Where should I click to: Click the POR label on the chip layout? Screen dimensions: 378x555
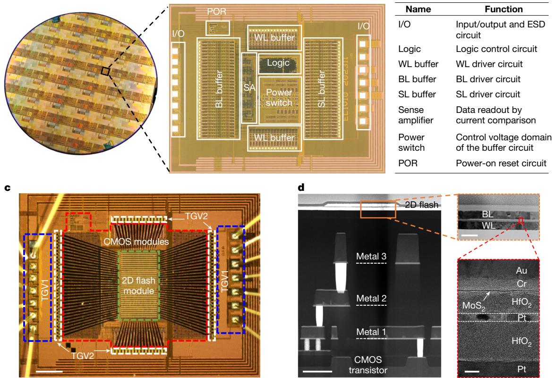tap(217, 11)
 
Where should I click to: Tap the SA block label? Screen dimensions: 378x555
tap(249, 88)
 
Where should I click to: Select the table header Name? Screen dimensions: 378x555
tap(418, 9)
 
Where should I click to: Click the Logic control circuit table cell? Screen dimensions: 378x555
tap(497, 49)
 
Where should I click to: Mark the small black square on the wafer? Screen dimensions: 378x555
tap(105, 71)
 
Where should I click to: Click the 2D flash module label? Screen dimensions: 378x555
tap(137, 281)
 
